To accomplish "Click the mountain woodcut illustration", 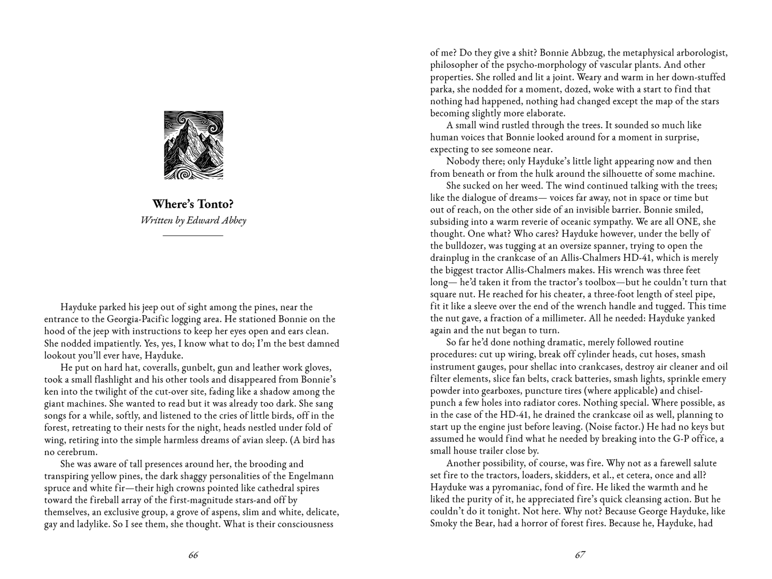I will point(193,145).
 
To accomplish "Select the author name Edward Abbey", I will point(216,220).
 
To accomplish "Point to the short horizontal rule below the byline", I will point(193,235).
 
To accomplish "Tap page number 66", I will point(193,555).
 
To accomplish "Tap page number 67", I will point(580,555).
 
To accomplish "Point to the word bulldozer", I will point(469,246).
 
